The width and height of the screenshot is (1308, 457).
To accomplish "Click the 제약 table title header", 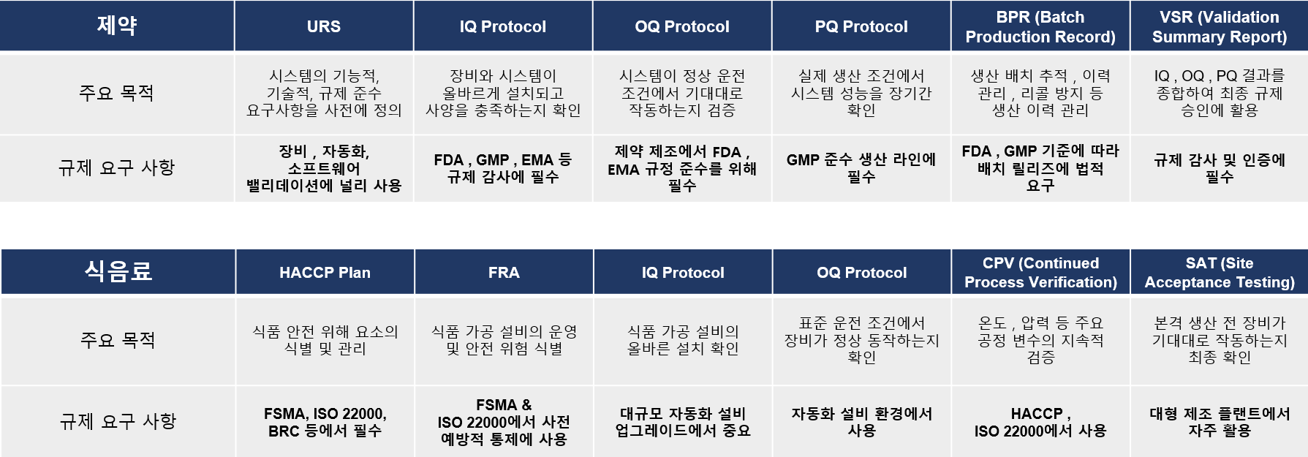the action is pyautogui.click(x=117, y=26).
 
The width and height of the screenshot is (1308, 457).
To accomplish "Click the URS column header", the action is pyautogui.click(x=324, y=26).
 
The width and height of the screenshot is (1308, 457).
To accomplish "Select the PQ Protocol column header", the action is pyautogui.click(x=861, y=26).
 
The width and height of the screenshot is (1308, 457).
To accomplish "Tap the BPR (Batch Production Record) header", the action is pyautogui.click(x=1040, y=26).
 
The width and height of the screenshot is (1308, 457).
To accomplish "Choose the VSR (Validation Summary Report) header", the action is pyautogui.click(x=1220, y=26).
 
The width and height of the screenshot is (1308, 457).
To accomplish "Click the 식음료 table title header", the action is pyautogui.click(x=118, y=272).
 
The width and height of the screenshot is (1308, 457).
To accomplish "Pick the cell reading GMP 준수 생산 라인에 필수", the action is pyautogui.click(x=861, y=168).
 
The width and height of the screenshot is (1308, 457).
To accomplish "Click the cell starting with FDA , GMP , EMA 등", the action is pyautogui.click(x=503, y=168).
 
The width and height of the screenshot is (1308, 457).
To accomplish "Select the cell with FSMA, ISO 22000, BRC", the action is pyautogui.click(x=325, y=422).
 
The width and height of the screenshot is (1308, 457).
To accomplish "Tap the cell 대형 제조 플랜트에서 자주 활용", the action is pyautogui.click(x=1220, y=422).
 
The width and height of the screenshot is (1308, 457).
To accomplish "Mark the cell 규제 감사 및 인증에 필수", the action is pyautogui.click(x=1220, y=168).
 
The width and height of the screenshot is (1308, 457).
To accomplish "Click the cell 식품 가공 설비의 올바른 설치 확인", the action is pyautogui.click(x=683, y=340).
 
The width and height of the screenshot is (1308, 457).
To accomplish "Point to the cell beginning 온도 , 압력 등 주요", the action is pyautogui.click(x=1040, y=340).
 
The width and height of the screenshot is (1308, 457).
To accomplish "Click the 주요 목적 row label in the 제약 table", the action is pyautogui.click(x=116, y=93).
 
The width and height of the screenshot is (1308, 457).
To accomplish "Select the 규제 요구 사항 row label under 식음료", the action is pyautogui.click(x=118, y=421).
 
